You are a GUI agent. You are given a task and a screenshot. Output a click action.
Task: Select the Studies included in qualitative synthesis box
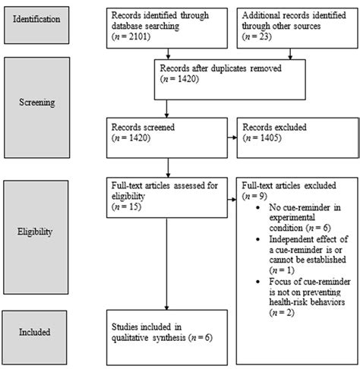(x=166, y=333)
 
